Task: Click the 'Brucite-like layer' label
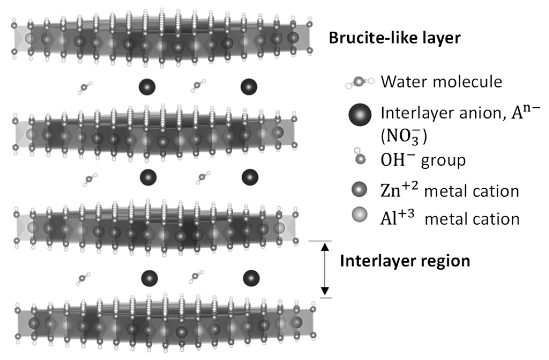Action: (394, 38)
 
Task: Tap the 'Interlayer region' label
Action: (405, 261)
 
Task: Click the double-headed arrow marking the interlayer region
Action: (325, 269)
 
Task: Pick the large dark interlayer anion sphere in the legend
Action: (360, 115)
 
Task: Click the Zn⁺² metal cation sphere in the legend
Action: (359, 189)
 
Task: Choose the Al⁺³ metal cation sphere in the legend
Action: (359, 215)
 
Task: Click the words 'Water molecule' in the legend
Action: (441, 81)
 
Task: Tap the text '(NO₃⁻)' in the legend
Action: (404, 137)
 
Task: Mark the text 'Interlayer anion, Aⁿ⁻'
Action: (460, 113)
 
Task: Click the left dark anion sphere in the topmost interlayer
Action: (147, 87)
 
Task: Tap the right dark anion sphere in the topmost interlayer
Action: (249, 87)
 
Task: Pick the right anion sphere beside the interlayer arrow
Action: (251, 278)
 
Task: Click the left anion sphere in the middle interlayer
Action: (148, 177)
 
